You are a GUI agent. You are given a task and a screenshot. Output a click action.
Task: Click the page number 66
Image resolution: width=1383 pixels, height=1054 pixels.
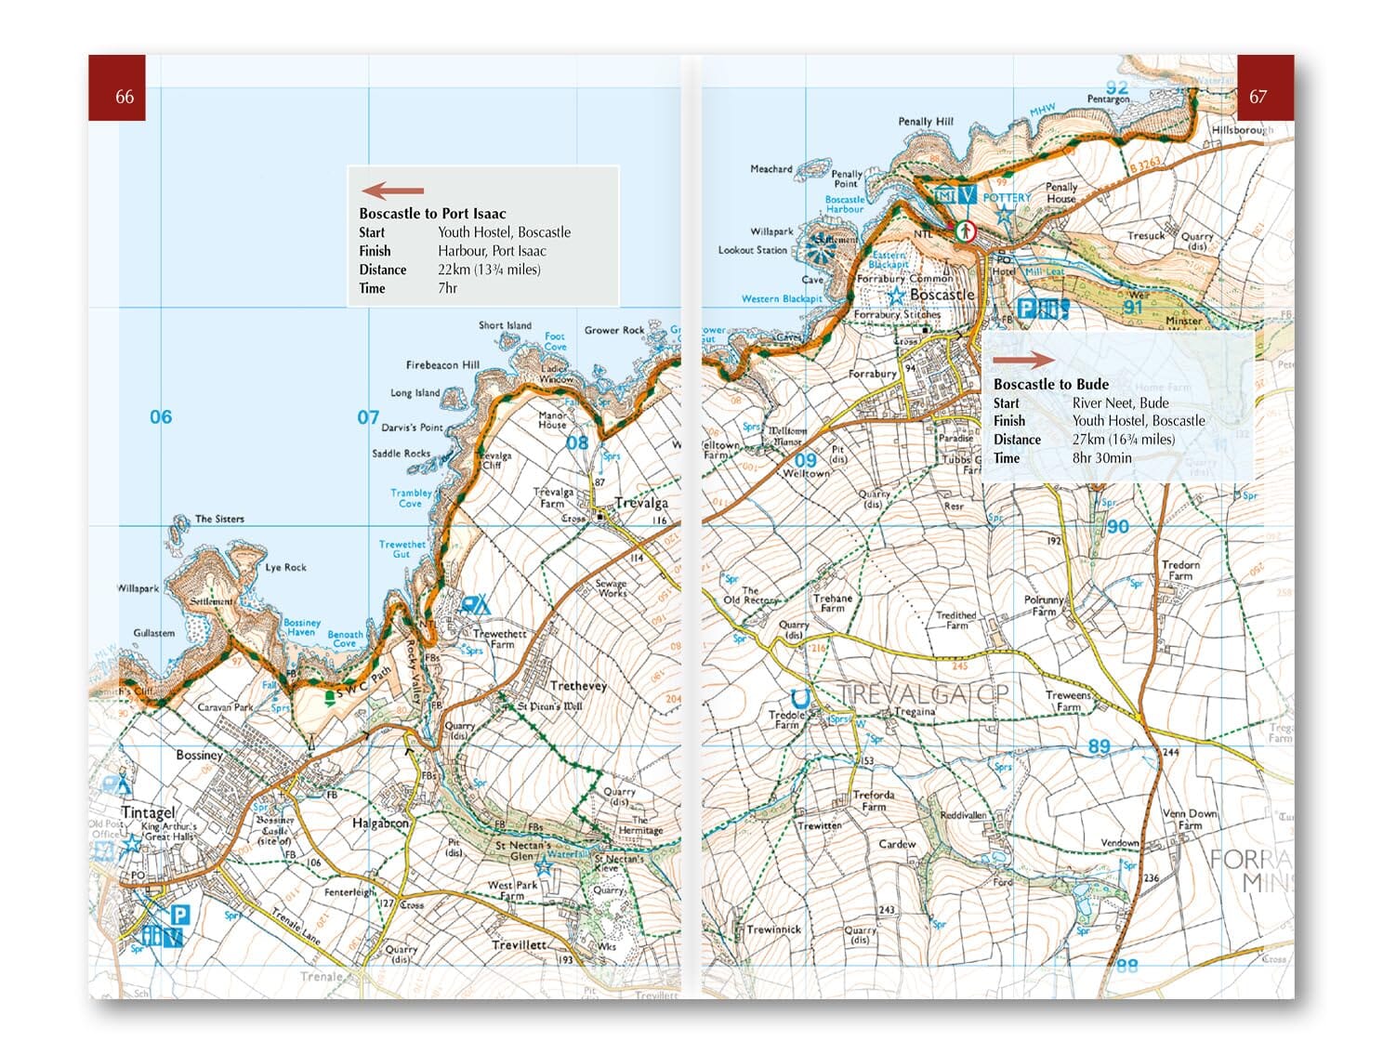coord(125,97)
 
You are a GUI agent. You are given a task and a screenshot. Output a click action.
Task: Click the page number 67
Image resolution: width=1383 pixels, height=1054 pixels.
coord(1257,97)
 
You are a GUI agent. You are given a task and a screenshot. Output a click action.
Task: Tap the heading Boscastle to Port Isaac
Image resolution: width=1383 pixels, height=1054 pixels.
coord(432,214)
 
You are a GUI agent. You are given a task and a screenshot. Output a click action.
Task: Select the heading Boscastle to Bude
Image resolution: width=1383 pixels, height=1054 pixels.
coord(1050,384)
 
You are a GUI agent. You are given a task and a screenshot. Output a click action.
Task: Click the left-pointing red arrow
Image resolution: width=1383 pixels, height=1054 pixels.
coord(392,191)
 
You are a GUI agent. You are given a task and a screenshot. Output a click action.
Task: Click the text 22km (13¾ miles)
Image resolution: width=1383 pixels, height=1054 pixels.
coord(489,270)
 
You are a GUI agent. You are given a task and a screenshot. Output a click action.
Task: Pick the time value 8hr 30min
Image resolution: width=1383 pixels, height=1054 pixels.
coord(1101,457)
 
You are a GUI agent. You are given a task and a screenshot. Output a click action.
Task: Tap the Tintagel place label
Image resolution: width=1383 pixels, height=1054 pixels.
coord(148,812)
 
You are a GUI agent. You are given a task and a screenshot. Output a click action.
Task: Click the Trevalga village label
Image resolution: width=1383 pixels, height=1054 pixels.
coord(641,503)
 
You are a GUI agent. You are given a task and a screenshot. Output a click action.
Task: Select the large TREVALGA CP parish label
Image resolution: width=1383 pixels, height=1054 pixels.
coord(923,693)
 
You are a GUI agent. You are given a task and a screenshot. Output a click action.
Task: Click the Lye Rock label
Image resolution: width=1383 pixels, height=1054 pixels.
coord(285,567)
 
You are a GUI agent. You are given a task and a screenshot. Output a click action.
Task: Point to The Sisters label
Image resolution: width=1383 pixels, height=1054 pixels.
coord(219,519)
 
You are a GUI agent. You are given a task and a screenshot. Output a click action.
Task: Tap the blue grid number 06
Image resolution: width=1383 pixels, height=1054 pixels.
coord(161,417)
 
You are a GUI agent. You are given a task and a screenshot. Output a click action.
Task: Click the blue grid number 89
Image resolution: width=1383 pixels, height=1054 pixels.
coord(1099,745)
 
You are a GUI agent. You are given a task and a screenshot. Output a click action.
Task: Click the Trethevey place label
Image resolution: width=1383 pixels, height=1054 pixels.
coord(577,686)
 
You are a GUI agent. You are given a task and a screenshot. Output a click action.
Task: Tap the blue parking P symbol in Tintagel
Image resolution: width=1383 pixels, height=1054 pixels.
coord(179,916)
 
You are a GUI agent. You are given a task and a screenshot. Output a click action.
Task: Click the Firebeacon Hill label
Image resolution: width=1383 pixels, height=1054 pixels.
coord(442,365)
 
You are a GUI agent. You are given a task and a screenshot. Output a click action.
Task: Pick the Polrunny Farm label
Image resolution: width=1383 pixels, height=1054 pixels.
coord(1044,606)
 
